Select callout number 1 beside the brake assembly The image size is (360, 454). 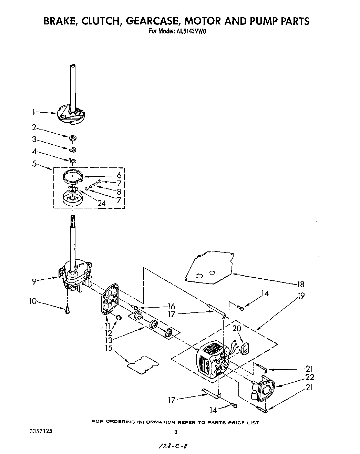click(33, 111)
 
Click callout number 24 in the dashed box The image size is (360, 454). click(101, 203)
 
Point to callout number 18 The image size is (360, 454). click(301, 284)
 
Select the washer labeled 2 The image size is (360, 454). click(73, 138)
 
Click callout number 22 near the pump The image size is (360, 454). click(310, 378)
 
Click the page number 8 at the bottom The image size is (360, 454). click(176, 432)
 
